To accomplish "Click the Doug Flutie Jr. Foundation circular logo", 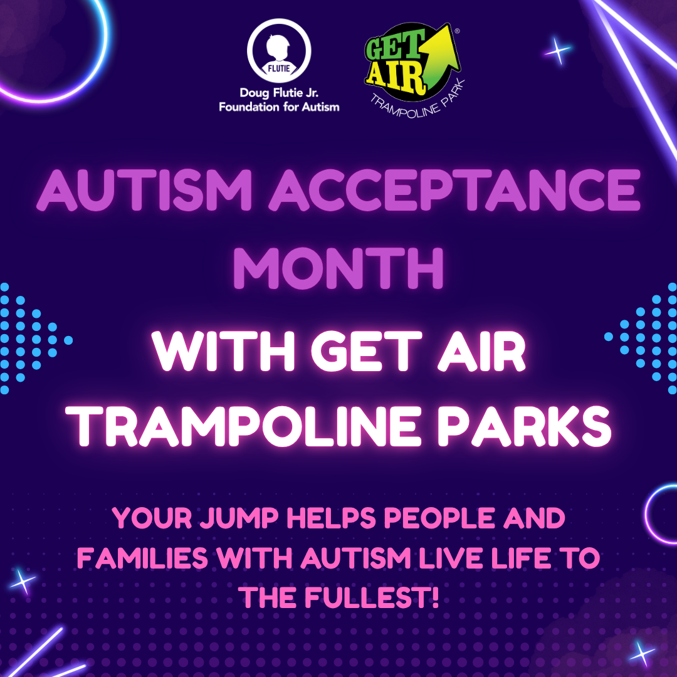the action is coord(279,51).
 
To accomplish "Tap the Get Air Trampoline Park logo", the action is coord(413,69).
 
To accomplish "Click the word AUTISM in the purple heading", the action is coord(144,189).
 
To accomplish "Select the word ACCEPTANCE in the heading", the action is coord(454,189).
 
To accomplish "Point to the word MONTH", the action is coord(338,268).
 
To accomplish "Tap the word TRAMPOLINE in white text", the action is coord(243,426).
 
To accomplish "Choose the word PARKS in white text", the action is coord(525,426).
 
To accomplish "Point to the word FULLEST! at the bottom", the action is coord(371,597).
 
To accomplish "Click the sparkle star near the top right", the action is coord(558,51).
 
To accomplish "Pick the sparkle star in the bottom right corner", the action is coord(642,653).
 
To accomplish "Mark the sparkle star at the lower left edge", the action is coord(23,581).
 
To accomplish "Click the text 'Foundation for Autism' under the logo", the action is coord(279,107).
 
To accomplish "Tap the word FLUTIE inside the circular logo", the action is coord(279,68).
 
